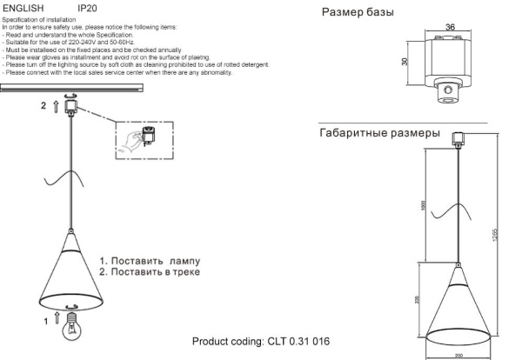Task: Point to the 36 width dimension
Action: (x=450, y=27)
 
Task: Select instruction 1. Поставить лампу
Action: (x=149, y=260)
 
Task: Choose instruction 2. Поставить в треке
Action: (x=149, y=272)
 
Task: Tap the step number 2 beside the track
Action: (x=42, y=105)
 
